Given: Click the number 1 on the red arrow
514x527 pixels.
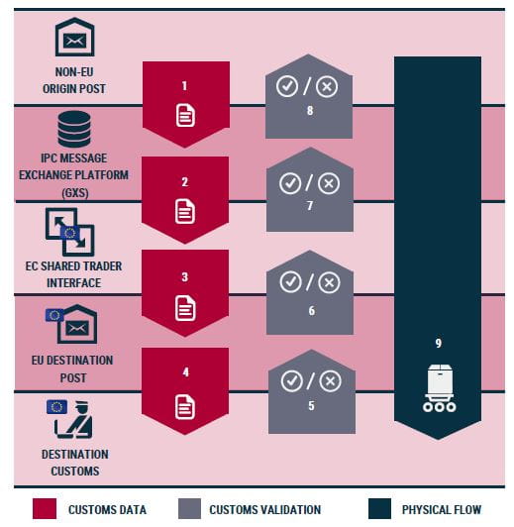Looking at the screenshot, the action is pos(184,86).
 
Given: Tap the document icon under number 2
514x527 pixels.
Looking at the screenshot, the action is pos(185,211).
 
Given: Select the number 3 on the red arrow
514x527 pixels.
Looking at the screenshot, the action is pos(185,277).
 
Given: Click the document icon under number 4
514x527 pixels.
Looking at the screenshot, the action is pos(185,407).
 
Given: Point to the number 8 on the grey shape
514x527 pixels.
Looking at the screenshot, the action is pos(310,110).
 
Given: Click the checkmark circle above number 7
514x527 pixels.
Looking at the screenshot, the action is pos(290,183).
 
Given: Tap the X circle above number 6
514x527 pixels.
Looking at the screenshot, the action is pos(329,282).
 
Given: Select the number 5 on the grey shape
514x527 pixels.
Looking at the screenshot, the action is pos(311,405).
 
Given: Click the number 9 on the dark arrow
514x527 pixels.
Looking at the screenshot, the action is pos(439,343).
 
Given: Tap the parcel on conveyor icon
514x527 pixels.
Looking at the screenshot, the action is pos(439,388).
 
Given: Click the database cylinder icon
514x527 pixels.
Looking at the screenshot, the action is pos(74,130).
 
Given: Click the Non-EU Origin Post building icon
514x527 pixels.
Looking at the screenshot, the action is pos(75,37).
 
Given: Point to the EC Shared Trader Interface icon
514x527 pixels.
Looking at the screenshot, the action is pos(70,232).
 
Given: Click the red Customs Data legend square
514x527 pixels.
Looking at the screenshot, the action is pos(45,509).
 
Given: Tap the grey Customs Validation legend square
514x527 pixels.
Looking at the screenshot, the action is pos(189,509).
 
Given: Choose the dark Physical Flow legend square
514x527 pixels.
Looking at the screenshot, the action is pos(379,509).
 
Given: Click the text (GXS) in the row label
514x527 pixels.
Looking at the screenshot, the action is pos(75,193).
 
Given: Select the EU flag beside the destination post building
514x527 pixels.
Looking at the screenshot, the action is pos(54,315).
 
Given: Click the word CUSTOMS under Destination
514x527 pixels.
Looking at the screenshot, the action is pos(75,472).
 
